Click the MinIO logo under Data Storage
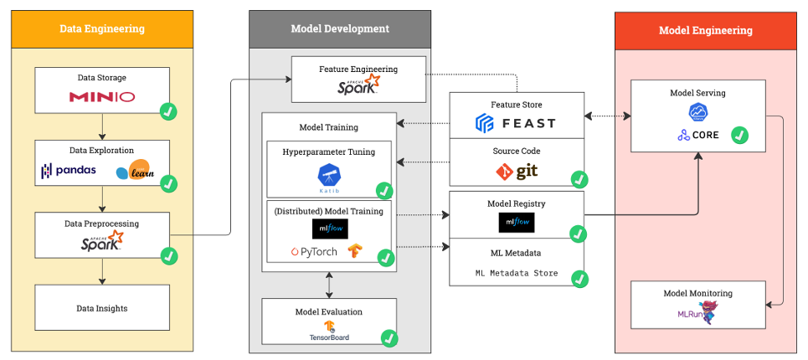point(102,97)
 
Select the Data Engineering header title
point(102,28)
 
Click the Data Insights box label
point(102,308)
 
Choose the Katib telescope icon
point(329,175)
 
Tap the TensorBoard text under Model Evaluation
point(328,338)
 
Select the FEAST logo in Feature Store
point(515,124)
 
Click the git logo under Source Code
point(516,172)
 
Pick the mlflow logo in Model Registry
point(516,223)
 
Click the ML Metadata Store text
point(517,273)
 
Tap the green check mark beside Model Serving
point(740,135)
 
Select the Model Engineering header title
point(705,31)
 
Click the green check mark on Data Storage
point(167,111)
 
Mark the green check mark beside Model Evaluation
point(389,338)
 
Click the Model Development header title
point(340,28)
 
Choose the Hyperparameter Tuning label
point(328,152)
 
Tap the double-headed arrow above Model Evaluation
point(328,285)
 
